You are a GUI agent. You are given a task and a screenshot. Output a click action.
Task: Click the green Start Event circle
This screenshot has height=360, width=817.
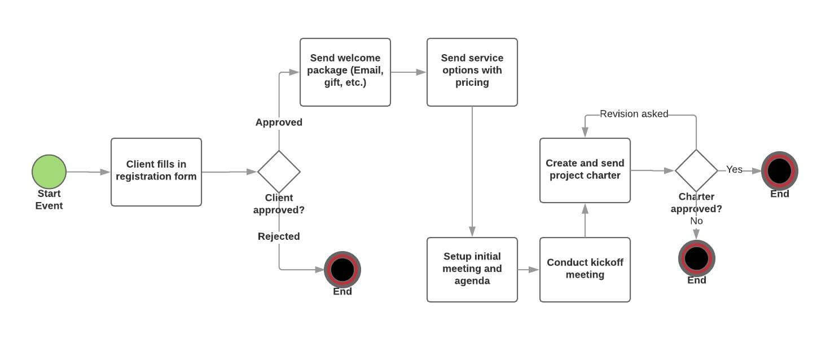tap(49, 172)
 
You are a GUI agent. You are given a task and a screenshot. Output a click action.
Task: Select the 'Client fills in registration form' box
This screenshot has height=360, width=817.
tap(156, 172)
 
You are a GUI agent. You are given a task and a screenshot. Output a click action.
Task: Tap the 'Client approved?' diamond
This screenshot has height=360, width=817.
tap(279, 172)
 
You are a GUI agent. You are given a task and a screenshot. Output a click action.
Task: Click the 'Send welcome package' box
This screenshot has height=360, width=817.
tap(345, 72)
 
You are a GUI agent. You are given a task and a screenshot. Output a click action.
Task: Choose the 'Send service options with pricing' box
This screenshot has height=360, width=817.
tap(472, 72)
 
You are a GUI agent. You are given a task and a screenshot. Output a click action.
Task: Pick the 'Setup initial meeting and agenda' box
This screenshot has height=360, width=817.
tap(472, 270)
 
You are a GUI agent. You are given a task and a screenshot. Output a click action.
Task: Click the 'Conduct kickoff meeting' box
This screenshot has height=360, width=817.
tap(585, 270)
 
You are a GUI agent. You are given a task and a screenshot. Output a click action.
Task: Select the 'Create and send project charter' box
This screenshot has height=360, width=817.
tap(585, 170)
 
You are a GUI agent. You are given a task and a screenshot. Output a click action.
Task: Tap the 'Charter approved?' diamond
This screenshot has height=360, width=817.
tap(696, 170)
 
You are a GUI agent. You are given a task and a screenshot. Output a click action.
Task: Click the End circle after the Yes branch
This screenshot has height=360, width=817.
tap(780, 170)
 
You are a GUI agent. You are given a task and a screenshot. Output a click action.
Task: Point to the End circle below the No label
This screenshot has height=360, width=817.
tap(696, 258)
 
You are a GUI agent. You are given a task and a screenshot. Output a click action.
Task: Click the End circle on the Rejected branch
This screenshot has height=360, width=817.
tap(342, 270)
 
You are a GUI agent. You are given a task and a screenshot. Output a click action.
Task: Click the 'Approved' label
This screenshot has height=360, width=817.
tap(279, 122)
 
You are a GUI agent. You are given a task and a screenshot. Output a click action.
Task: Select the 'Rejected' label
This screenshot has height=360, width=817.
tap(279, 236)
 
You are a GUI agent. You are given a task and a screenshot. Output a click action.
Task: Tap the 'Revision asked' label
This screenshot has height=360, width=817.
tap(634, 114)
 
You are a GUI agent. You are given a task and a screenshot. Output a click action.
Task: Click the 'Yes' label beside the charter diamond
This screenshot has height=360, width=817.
tap(734, 169)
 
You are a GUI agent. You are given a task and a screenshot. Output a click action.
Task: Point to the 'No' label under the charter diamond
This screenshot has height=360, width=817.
tap(696, 221)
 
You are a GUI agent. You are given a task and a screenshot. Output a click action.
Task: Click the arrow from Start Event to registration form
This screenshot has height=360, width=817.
tap(88, 172)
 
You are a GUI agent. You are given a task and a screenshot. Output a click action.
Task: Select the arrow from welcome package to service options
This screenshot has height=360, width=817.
tap(409, 72)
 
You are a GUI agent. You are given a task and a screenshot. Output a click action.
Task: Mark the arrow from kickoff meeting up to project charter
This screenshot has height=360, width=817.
tap(585, 220)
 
